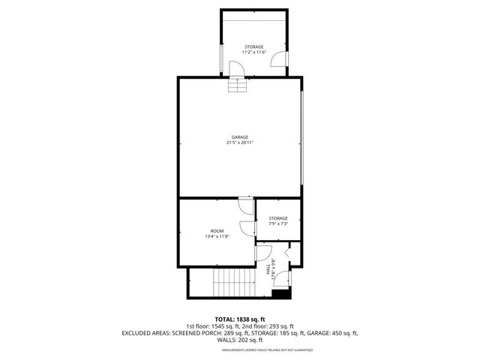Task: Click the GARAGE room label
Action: coord(239,137)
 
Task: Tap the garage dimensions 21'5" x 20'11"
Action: coord(239,143)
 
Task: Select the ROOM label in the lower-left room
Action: coord(217,231)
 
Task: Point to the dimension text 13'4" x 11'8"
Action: coord(217,237)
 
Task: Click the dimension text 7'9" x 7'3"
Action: coord(278,223)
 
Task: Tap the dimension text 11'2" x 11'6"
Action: coord(253,53)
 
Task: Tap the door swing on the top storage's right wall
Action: coord(278,61)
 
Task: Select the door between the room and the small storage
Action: coord(248,229)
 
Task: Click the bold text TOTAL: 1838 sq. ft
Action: coord(239,319)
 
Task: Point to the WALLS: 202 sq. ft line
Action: coord(239,340)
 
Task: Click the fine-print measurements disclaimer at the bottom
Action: coord(239,348)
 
